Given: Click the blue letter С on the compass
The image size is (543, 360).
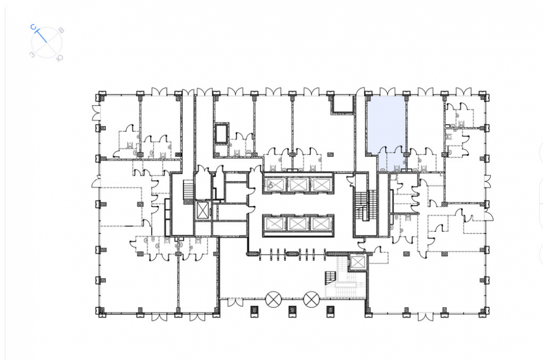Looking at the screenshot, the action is click(x=33, y=27).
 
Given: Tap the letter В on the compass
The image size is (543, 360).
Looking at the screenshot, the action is click(x=61, y=30).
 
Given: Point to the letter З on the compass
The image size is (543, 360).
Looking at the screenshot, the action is click(x=32, y=54).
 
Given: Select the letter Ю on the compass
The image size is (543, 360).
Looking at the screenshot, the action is click(x=60, y=58).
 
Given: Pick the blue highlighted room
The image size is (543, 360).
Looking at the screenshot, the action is click(x=386, y=133).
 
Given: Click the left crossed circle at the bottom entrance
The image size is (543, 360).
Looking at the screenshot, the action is click(x=273, y=299).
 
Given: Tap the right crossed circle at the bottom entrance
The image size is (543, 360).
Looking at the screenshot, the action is click(x=311, y=299).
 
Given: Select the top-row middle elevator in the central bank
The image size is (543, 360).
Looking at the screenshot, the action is click(x=297, y=184).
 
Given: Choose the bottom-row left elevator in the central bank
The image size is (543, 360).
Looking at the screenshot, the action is click(x=275, y=224).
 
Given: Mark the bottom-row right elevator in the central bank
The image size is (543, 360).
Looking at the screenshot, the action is click(x=320, y=224).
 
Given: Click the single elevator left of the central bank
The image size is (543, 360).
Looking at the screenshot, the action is click(x=203, y=210).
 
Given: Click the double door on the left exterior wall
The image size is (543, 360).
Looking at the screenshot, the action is click(x=96, y=112).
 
